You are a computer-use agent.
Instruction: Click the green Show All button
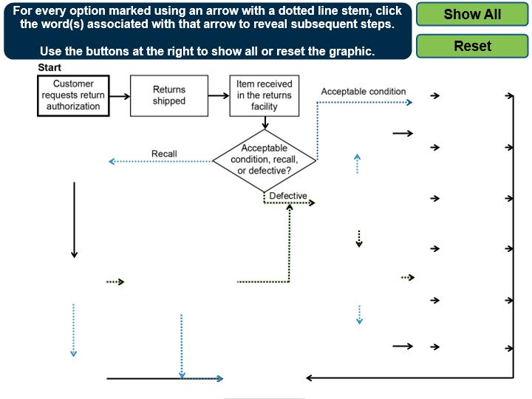[x=472, y=15]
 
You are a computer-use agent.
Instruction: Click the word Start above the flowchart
[x=49, y=68]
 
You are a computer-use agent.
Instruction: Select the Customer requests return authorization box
[x=73, y=95]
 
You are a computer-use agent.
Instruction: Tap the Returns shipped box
[x=169, y=95]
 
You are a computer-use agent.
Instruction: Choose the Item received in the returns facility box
[x=265, y=95]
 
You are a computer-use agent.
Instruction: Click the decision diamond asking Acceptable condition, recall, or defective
[x=265, y=160]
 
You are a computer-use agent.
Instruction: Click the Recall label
[x=164, y=154]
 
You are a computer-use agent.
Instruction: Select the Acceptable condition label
[x=364, y=92]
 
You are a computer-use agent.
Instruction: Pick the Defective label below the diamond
[x=288, y=196]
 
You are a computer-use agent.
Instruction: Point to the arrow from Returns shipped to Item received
[x=218, y=95]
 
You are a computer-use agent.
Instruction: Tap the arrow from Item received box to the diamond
[x=265, y=123]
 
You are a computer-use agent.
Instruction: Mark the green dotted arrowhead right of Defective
[x=311, y=202]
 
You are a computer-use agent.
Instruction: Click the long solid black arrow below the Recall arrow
[x=74, y=219]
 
